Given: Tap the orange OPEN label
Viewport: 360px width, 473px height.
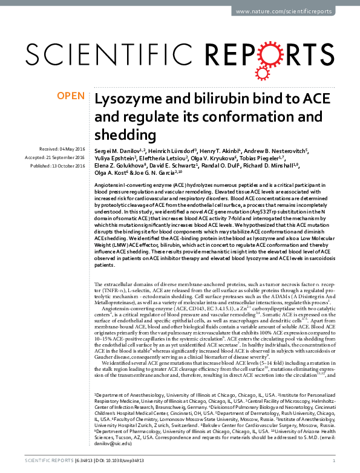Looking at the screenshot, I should pos(71,96).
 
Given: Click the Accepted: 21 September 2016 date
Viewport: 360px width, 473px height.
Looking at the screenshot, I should pos(60,157).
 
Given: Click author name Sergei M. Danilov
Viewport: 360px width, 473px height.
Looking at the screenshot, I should pos(118,150).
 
